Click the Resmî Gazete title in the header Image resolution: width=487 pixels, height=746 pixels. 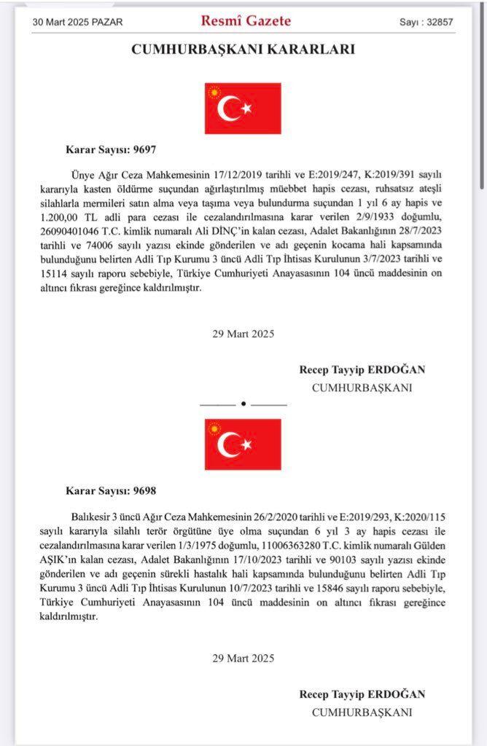pos(246,21)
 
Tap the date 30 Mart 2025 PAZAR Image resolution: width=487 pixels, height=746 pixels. pos(78,22)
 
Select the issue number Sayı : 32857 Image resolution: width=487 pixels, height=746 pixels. pos(426,22)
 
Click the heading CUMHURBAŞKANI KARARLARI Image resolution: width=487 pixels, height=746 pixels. pos(243,50)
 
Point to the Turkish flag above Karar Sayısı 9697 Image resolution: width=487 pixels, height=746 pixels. pos(243,109)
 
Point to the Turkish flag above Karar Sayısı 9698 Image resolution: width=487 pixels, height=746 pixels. pos(243,444)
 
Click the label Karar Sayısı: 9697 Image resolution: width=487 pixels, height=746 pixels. pos(111,150)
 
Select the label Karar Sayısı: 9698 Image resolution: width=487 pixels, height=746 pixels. pos(111,490)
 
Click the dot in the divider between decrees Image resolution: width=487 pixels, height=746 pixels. pos(243,403)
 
